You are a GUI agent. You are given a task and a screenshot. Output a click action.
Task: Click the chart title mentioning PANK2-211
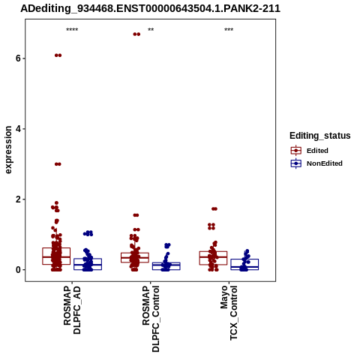pyautogui.click(x=150, y=8)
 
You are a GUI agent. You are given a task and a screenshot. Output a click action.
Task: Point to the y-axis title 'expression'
pyautogui.click(x=8, y=150)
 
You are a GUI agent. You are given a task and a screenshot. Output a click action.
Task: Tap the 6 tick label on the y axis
pyautogui.click(x=18, y=58)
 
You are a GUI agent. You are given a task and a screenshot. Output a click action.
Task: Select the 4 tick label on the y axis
pyautogui.click(x=18, y=129)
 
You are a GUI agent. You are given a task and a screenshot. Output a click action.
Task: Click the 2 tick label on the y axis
pyautogui.click(x=18, y=199)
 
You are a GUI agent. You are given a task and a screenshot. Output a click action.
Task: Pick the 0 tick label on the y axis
pyautogui.click(x=18, y=270)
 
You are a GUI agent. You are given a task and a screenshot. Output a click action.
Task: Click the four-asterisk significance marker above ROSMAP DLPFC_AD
pyautogui.click(x=72, y=30)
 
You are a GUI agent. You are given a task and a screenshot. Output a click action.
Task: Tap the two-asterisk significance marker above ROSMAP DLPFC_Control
pyautogui.click(x=151, y=30)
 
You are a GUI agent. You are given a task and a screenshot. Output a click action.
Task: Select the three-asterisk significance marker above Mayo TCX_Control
pyautogui.click(x=229, y=30)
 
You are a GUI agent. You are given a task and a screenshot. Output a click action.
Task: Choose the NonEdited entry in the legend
pyautogui.click(x=316, y=163)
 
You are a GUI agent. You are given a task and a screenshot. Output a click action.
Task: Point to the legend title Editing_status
pyautogui.click(x=320, y=136)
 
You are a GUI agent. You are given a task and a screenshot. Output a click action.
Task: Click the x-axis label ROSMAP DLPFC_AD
pyautogui.click(x=72, y=310)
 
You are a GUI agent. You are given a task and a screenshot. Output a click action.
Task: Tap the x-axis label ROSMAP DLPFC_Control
pyautogui.click(x=151, y=319)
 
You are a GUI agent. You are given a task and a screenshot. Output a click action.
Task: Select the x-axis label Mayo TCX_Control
pyautogui.click(x=229, y=313)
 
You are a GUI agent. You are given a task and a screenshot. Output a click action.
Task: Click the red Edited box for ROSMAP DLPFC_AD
pyautogui.click(x=56, y=256)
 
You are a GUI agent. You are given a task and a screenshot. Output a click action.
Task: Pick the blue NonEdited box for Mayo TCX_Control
pyautogui.click(x=244, y=264)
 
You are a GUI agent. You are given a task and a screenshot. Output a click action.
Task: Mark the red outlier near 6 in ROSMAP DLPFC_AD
pyautogui.click(x=58, y=55)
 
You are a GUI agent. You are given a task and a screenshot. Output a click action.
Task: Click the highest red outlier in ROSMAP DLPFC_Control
pyautogui.click(x=136, y=34)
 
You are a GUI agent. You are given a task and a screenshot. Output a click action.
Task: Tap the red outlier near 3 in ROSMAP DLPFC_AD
pyautogui.click(x=58, y=164)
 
